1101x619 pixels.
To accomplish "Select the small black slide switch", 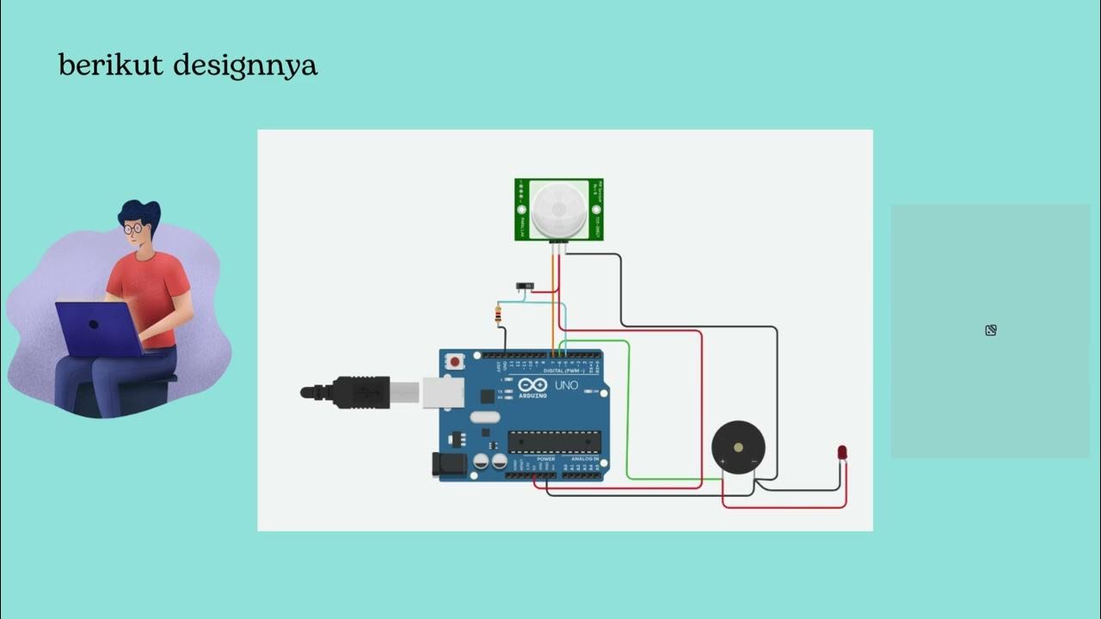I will coord(524,285).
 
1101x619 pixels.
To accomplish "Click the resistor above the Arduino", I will coord(499,316).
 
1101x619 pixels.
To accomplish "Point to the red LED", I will coord(842,452).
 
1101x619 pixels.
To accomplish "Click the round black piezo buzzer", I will coord(738,447).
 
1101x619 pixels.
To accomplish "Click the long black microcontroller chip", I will coord(553,442).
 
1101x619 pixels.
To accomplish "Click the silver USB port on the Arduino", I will coord(442,392).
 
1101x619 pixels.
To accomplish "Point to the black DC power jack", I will coord(448,464).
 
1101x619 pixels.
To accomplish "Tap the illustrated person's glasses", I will coord(133,229).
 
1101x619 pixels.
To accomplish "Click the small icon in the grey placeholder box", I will coord(991,330).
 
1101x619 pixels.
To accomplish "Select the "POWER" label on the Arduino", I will coord(546,459).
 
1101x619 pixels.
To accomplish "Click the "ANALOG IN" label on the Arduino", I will coord(581,459).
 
